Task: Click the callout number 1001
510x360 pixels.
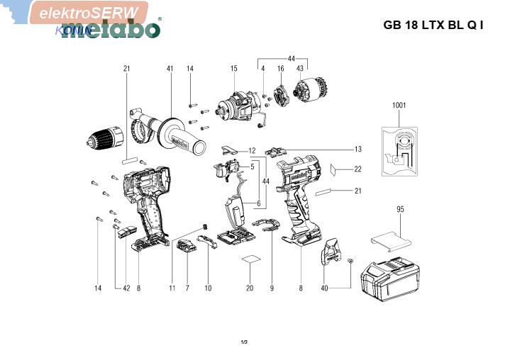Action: [399, 105]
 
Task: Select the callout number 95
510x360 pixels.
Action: [400, 209]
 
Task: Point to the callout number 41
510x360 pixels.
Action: [170, 68]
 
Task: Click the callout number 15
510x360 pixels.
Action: [233, 68]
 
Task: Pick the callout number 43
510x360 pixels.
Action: [300, 68]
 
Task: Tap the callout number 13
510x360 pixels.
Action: [358, 149]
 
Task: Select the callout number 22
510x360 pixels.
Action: [358, 169]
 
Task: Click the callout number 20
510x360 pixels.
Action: [250, 288]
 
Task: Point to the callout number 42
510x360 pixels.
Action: [126, 288]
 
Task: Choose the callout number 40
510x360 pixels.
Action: [324, 288]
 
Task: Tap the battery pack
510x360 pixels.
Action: [392, 279]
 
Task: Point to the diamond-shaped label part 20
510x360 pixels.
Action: [250, 261]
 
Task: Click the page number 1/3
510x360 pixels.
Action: [244, 342]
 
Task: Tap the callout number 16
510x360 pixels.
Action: [280, 68]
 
